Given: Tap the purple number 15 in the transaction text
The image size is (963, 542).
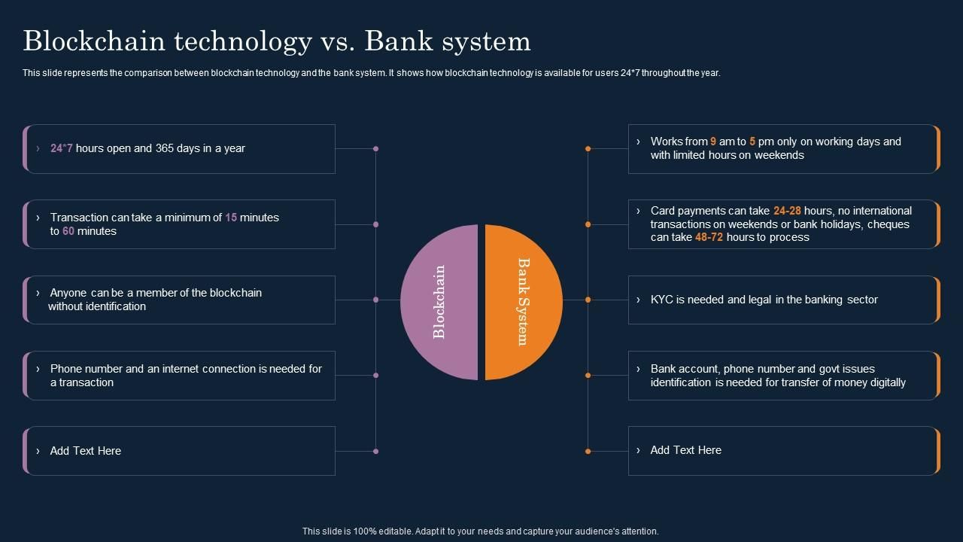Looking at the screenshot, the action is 231,218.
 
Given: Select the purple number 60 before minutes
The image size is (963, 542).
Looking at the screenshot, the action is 68,231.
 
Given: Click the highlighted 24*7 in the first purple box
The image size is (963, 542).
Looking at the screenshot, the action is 62,148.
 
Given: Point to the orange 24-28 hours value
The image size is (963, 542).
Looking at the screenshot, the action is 787,211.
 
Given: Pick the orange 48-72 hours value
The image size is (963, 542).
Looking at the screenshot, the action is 709,237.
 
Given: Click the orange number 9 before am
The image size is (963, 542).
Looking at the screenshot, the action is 713,142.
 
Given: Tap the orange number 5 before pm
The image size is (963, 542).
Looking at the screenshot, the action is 752,142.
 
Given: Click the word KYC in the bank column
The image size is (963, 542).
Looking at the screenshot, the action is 661,300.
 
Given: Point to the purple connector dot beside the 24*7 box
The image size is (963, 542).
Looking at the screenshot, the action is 375,149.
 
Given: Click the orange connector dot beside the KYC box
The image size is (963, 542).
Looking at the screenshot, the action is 588,300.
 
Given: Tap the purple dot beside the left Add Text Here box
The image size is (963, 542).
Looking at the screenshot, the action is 375,451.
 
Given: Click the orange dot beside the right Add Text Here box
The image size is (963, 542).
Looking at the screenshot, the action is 588,451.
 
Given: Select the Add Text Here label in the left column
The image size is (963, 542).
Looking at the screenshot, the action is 86,451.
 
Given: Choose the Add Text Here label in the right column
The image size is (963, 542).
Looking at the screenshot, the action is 685,450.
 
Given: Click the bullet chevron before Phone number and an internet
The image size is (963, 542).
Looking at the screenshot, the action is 38,369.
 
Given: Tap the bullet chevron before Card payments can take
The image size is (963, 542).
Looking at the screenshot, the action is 638,211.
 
